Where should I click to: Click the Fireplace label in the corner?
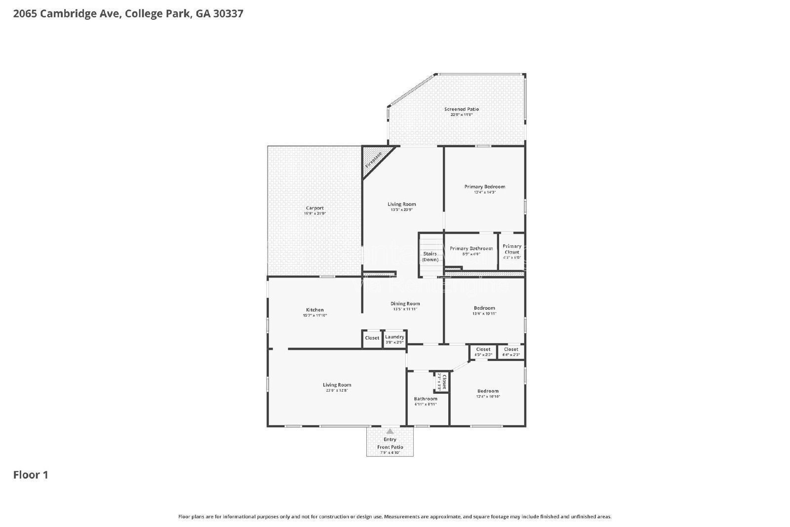374,161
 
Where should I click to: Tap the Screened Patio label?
461,109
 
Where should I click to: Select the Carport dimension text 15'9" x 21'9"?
315,214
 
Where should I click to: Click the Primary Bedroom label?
484,187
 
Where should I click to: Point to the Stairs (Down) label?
430,256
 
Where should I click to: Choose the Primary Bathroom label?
471,248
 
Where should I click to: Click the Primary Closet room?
512,251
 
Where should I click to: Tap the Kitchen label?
315,310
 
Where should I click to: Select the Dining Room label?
405,304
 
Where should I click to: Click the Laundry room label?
395,337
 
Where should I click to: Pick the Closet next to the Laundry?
372,338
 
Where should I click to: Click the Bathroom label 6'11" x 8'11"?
425,399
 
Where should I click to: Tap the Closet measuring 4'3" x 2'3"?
483,352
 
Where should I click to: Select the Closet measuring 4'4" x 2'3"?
511,352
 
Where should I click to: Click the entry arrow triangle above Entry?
390,431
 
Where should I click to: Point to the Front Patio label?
390,447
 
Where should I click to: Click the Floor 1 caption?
31,475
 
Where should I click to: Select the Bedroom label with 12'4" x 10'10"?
488,391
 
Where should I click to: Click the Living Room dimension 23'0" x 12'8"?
337,390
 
